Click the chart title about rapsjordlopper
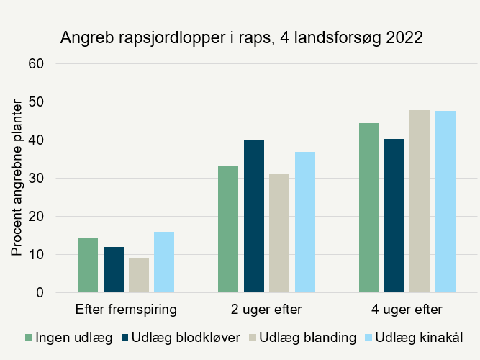point(241,37)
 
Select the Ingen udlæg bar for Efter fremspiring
point(88,265)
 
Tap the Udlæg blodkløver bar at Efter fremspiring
point(113,270)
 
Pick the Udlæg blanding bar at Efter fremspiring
point(139,276)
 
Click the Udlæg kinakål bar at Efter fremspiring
point(164,262)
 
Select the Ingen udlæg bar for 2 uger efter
point(228,230)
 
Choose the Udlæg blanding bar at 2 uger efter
point(279,233)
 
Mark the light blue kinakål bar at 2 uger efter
point(304,222)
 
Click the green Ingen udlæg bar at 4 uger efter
point(368,208)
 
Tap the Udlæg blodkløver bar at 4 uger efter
point(394,216)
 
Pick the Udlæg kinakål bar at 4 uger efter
point(445,202)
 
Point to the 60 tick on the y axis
point(37,63)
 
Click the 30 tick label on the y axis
point(37,178)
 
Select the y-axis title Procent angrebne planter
point(17,179)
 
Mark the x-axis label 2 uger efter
point(266,310)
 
